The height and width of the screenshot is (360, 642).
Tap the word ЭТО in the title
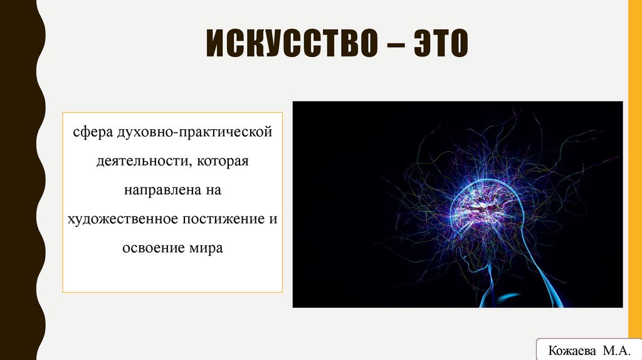tap(437, 48)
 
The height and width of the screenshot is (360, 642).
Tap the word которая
tap(223, 162)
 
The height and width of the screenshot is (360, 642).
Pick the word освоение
tap(151, 248)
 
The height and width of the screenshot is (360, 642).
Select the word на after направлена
tap(210, 190)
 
